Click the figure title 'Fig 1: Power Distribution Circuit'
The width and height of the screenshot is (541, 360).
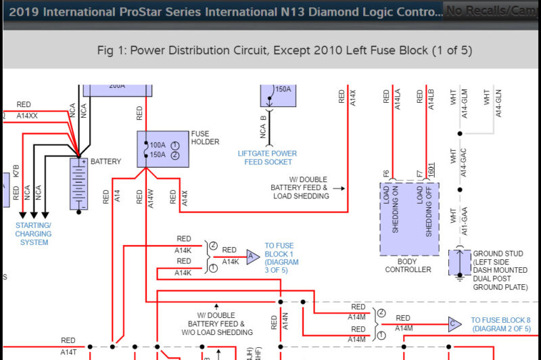tap(285, 51)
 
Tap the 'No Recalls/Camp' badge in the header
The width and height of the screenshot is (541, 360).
tap(492, 10)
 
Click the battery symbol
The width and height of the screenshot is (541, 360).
tap(79, 183)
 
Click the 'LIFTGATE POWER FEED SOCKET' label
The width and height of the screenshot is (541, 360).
tap(267, 158)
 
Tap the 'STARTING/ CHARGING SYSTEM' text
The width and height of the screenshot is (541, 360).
tap(34, 233)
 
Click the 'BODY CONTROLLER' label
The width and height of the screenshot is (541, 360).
tap(408, 265)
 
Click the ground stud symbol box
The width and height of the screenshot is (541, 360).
tap(460, 262)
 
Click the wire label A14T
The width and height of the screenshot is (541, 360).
tap(68, 352)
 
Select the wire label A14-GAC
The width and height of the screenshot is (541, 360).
tap(463, 162)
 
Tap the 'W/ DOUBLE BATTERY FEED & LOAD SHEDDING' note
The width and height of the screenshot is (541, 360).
tap(300, 187)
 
